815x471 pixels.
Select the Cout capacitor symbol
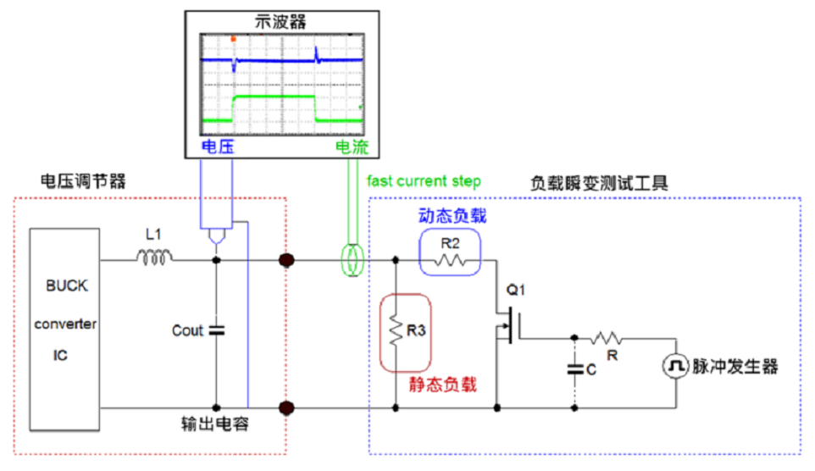click(216, 330)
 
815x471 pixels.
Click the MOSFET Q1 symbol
click(507, 322)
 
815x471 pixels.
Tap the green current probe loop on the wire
click(350, 259)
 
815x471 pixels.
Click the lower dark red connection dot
click(286, 408)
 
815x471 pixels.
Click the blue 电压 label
click(217, 147)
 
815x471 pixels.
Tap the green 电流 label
click(352, 147)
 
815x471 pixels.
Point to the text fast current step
click(424, 180)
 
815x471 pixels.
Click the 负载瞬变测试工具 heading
click(599, 182)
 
